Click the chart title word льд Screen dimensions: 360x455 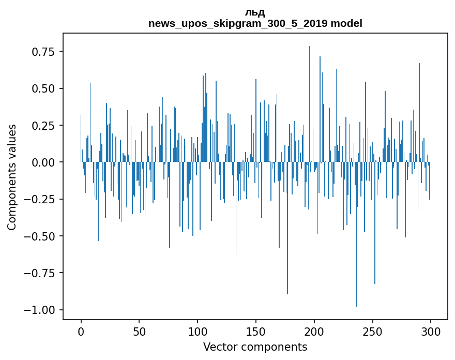255,12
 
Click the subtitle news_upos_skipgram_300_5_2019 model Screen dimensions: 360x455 255,23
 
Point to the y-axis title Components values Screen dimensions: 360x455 11,177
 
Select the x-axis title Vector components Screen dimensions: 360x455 255,347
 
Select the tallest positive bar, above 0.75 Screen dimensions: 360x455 310,103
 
